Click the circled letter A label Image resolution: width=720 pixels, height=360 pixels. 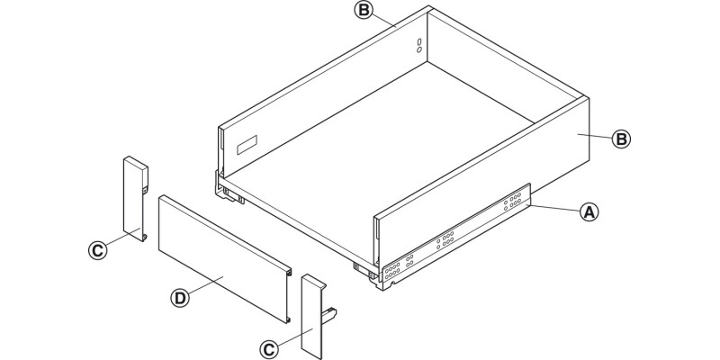point(588,212)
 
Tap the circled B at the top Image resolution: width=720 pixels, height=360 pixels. point(363,11)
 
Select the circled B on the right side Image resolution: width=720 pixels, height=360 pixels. point(620,139)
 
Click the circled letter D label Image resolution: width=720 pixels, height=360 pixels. point(179,297)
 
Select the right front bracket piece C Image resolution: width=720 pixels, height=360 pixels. point(310,315)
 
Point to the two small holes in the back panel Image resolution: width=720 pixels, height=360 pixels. point(418,45)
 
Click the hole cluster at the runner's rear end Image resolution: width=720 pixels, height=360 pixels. point(515,201)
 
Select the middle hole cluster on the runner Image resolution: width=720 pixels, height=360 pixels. point(445,240)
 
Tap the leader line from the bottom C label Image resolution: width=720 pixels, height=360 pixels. point(286,337)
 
